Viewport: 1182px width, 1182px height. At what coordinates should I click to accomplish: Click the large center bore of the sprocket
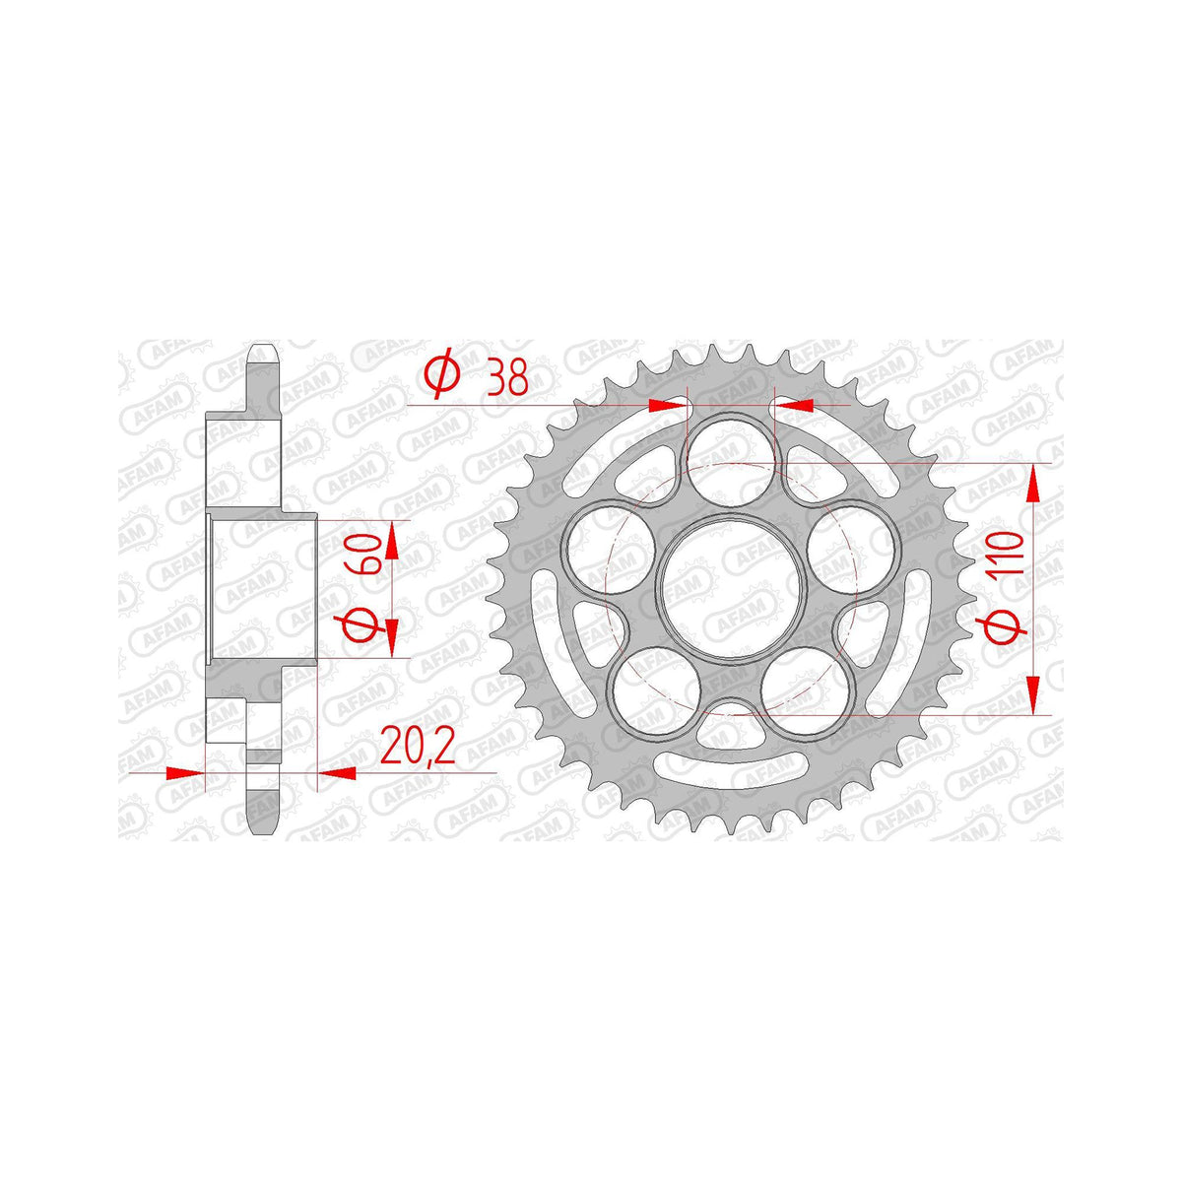[729, 587]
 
